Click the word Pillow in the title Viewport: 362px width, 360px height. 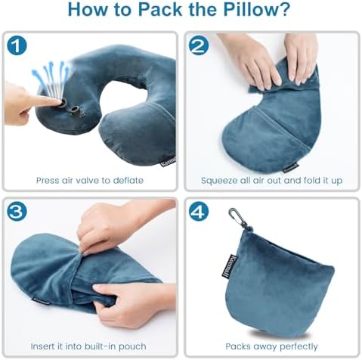coord(241,11)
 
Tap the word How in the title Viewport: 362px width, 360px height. coord(85,11)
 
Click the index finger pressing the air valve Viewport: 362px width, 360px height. coord(38,101)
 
